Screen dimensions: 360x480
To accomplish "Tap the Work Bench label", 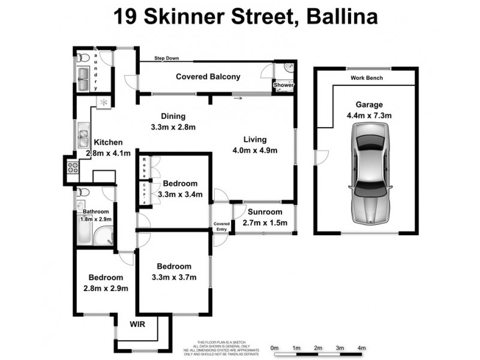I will [367, 78].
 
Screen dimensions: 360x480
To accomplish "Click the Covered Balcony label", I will [208, 77].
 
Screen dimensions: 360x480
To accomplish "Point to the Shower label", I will [284, 85].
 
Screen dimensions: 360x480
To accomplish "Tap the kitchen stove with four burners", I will [72, 167].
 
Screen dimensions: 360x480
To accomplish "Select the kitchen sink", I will [83, 135].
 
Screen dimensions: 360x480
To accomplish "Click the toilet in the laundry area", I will [83, 58].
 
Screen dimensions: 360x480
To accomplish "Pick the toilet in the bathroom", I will [83, 193].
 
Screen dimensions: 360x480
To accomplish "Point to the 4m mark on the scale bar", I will [362, 348].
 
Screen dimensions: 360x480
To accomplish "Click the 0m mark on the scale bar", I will [274, 348].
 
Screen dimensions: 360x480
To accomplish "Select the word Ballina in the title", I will [342, 16].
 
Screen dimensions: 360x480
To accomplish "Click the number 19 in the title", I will [125, 16].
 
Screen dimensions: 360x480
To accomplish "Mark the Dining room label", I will [173, 116].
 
